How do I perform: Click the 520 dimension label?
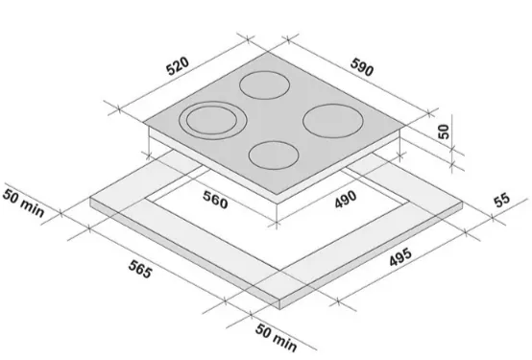pyautogui.click(x=178, y=66)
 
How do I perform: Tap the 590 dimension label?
pyautogui.click(x=362, y=67)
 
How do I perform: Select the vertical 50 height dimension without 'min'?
pyautogui.click(x=444, y=132)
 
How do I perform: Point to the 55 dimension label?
pyautogui.click(x=502, y=200)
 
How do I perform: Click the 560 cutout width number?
pyautogui.click(x=215, y=200)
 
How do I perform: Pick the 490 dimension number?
pyautogui.click(x=346, y=199)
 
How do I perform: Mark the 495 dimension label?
pyautogui.click(x=400, y=257)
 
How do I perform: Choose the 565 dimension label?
pyautogui.click(x=140, y=269)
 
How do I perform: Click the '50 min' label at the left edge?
pyautogui.click(x=23, y=204)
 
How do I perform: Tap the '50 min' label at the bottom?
pyautogui.click(x=277, y=337)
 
